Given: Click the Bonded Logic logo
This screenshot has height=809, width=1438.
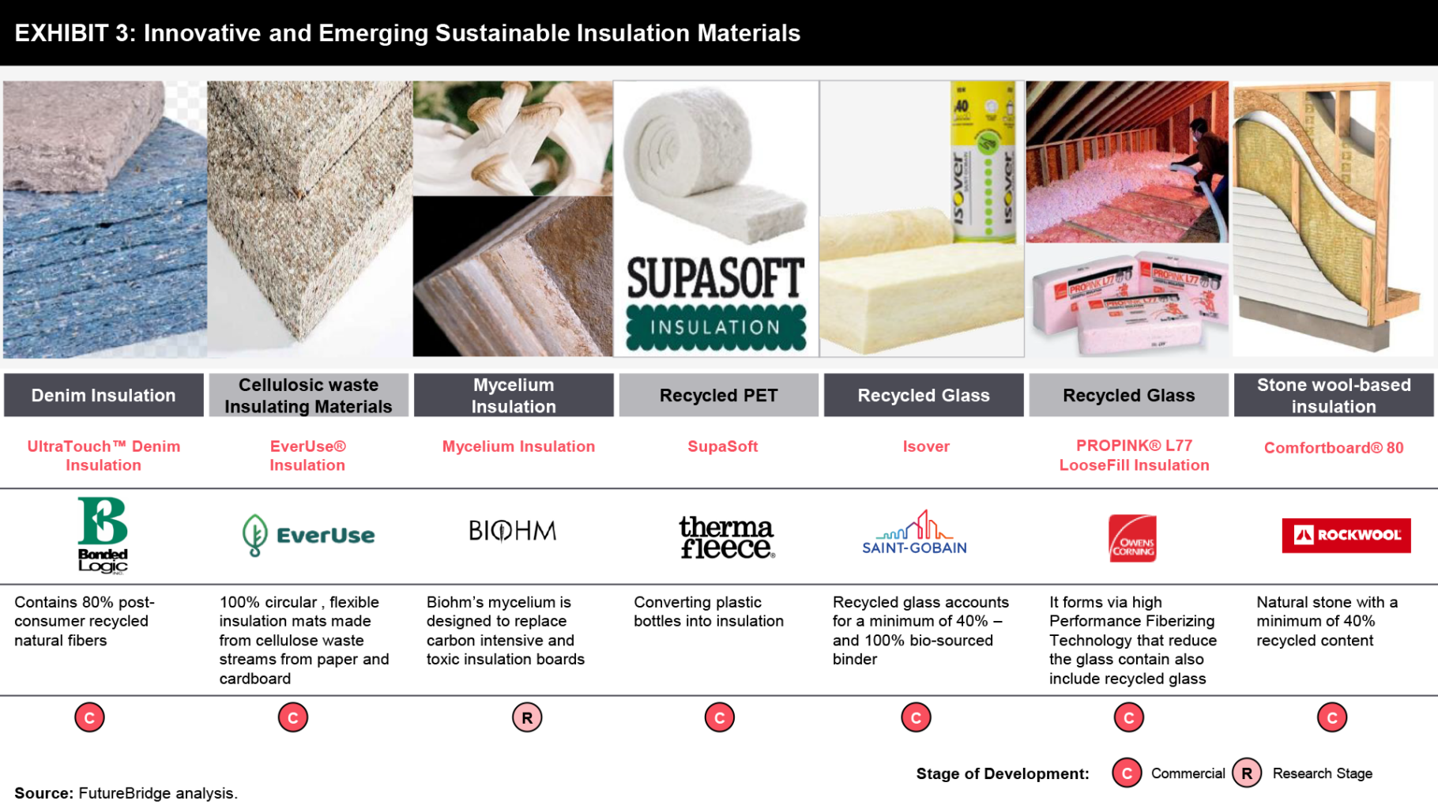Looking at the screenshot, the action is (x=103, y=534).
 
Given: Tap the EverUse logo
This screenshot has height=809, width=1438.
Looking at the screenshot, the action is (x=308, y=535).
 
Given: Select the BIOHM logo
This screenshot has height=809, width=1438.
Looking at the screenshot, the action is (x=513, y=531).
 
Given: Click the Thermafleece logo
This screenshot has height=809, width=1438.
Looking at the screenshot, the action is (x=727, y=537).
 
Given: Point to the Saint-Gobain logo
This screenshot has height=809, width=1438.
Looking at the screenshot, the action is (x=914, y=532).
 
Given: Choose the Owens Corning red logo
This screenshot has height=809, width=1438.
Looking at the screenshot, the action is (x=1132, y=538).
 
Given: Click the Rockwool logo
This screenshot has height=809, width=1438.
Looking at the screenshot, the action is (x=1346, y=535).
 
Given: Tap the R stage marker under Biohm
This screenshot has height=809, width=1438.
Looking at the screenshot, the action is (x=527, y=717).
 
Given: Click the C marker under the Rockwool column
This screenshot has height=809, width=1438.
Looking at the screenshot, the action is (x=1332, y=717).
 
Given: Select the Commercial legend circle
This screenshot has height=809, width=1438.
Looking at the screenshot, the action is (x=1127, y=773).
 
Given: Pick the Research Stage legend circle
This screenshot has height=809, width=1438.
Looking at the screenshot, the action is (x=1247, y=773).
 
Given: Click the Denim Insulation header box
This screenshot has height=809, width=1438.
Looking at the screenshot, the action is (x=104, y=395).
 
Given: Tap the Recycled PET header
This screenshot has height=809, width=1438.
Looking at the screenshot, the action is (x=719, y=395).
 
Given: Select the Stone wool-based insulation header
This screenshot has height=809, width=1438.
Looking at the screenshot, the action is (x=1334, y=395).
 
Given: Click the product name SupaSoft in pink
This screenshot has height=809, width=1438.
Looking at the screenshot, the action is (x=723, y=446).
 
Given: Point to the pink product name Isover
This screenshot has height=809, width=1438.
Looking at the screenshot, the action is (x=926, y=446).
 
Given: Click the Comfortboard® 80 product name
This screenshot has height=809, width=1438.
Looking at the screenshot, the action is (x=1334, y=448).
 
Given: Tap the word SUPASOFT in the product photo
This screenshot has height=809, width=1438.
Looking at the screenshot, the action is (x=716, y=277).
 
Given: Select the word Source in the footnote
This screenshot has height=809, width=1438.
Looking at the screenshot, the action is (x=43, y=793).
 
